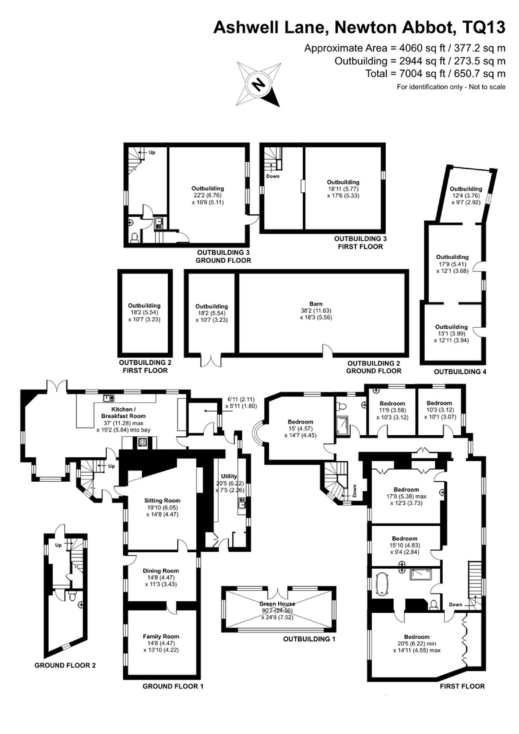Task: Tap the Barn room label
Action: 316,304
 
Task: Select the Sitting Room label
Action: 163,500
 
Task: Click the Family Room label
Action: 161,636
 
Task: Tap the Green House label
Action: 277,604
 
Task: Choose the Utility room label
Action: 229,476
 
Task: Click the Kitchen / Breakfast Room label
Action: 124,413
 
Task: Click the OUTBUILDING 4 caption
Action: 460,372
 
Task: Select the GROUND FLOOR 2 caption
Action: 65,665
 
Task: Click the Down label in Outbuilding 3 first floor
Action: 272,176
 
